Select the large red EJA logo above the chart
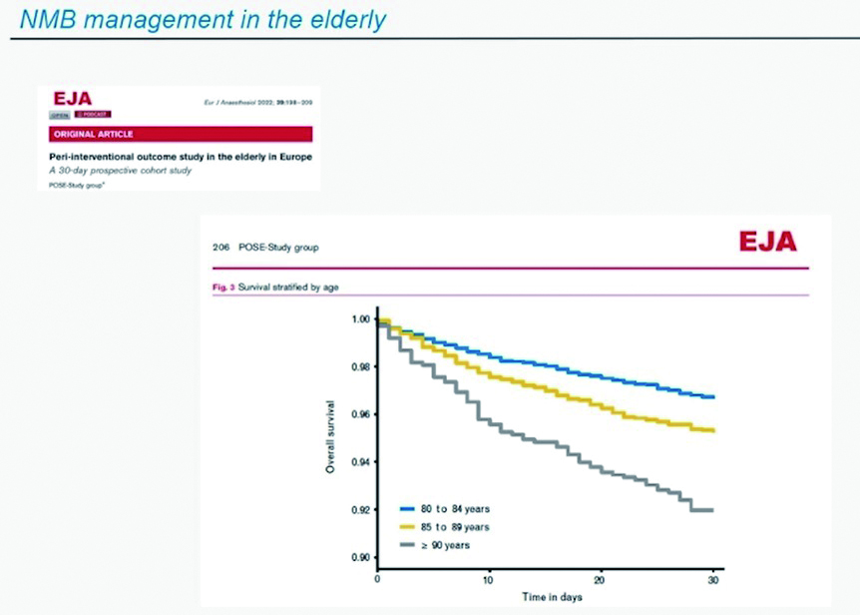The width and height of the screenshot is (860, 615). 767,242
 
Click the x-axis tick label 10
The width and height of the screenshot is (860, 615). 488,580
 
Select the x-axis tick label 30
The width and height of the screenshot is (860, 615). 711,580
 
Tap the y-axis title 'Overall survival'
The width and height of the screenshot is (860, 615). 330,436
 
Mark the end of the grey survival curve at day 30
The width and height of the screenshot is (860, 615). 712,510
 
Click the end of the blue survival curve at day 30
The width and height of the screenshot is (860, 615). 712,397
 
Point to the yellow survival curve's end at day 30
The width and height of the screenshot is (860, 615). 712,430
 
